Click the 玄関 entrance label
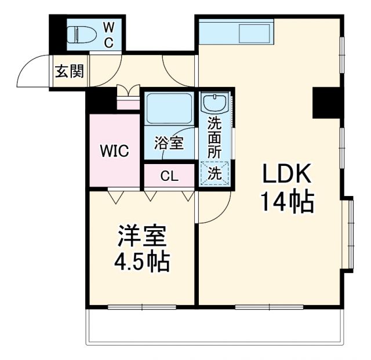tap(70, 71)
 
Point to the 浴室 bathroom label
tap(169, 143)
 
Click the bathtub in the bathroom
tap(169, 108)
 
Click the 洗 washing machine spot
tap(214, 173)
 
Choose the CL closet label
tap(169, 176)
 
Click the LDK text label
tap(288, 173)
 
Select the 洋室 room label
tap(141, 235)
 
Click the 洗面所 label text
tap(214, 139)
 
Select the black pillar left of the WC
tap(57, 35)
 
